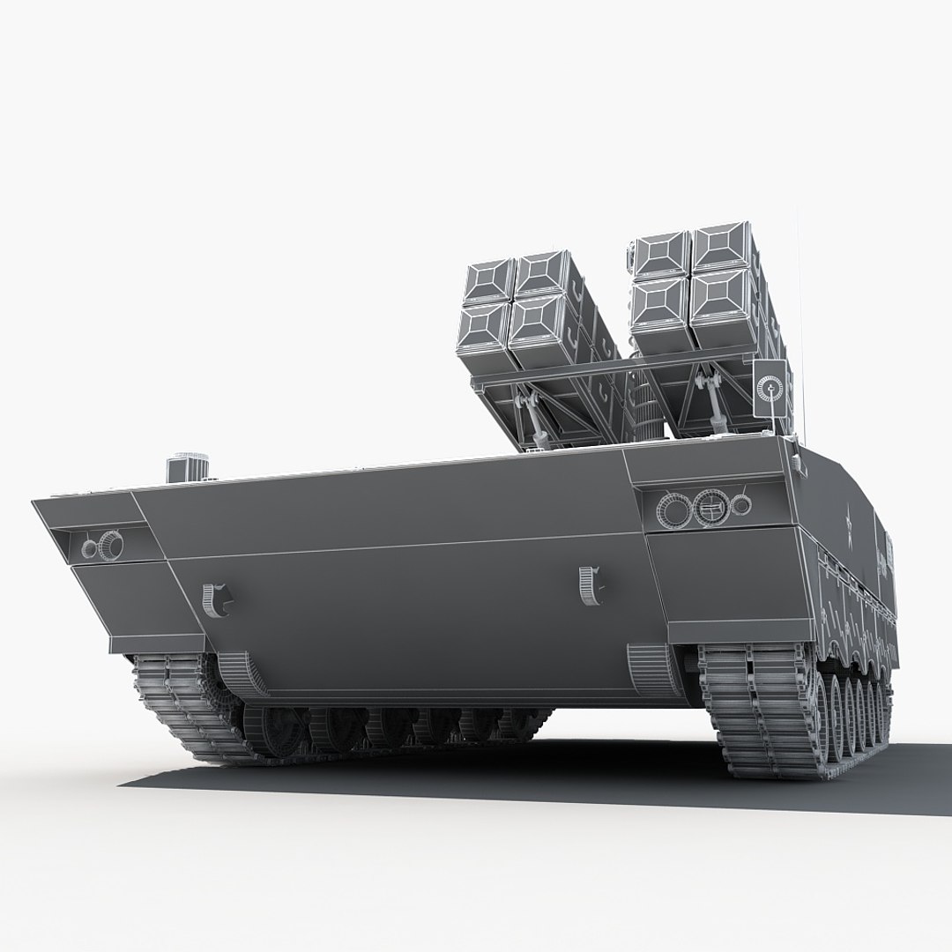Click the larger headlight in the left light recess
tap(110, 544)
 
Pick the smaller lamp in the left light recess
tap(88, 549)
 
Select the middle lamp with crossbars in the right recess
tap(708, 506)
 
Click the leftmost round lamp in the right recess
tap(676, 509)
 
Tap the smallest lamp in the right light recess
tap(742, 504)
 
